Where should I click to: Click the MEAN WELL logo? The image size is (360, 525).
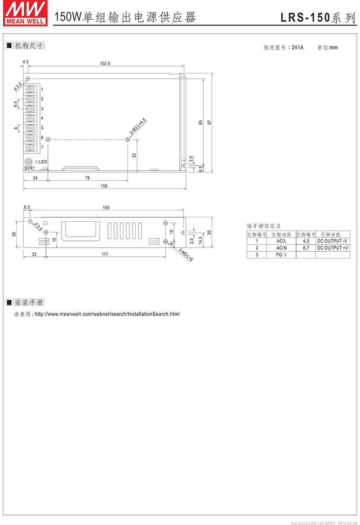[25, 12]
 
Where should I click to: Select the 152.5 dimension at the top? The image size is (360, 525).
[105, 64]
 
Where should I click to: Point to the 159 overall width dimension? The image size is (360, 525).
[104, 185]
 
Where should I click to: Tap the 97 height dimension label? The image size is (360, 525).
[209, 123]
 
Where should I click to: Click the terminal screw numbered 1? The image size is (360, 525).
[31, 89]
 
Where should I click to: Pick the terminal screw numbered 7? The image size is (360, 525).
[31, 148]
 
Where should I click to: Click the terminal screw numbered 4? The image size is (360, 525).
[31, 118]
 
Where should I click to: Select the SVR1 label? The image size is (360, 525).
[29, 168]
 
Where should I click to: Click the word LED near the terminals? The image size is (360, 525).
[43, 162]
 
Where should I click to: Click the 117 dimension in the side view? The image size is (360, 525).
[105, 255]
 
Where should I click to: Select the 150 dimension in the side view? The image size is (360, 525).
[106, 208]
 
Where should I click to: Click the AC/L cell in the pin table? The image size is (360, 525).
[281, 241]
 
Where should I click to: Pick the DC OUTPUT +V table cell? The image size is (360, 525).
[333, 248]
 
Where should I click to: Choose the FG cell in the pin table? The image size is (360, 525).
[281, 255]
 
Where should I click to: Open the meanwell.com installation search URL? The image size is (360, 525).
[107, 314]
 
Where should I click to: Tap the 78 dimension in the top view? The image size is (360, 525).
[87, 178]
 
